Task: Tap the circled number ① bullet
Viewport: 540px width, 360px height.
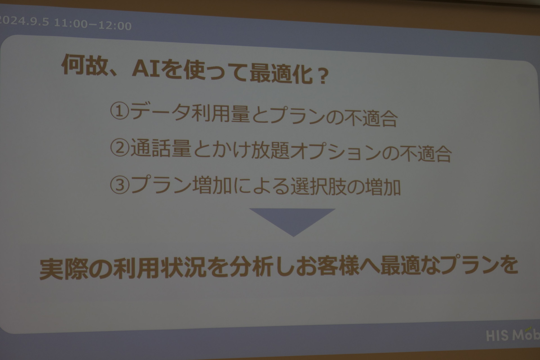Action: [x=120, y=111]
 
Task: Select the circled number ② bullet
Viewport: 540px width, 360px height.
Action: [x=120, y=148]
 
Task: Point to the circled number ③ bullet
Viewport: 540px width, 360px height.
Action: [x=120, y=185]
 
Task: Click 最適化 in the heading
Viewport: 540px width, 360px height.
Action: [x=281, y=74]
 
